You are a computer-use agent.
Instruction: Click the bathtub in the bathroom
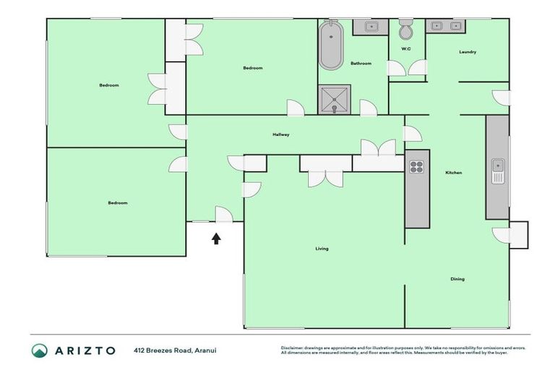click(x=331, y=46)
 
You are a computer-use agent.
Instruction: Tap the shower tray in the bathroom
click(x=335, y=100)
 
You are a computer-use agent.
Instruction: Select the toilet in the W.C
click(x=406, y=31)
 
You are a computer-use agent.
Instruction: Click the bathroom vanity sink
click(x=371, y=27)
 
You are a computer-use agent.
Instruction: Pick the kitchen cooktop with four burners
click(x=417, y=167)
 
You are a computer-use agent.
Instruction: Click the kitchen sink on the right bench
click(x=497, y=172)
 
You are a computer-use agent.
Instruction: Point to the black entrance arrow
click(x=216, y=238)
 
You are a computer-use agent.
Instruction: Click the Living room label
click(x=322, y=249)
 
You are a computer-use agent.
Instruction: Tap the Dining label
click(x=457, y=279)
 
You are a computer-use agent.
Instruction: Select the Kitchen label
click(x=453, y=173)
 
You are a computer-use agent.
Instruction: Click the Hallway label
click(x=281, y=134)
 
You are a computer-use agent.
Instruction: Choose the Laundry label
click(x=468, y=52)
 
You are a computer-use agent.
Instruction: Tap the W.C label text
click(x=406, y=49)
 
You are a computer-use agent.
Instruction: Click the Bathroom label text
click(x=361, y=64)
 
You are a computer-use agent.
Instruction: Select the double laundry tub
click(x=446, y=26)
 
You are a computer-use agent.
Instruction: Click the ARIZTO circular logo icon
click(x=39, y=350)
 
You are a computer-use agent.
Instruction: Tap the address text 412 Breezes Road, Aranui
click(x=175, y=350)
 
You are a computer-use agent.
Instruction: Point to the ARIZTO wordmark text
click(x=85, y=350)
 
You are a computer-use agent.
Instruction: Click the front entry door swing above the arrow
click(x=223, y=215)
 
